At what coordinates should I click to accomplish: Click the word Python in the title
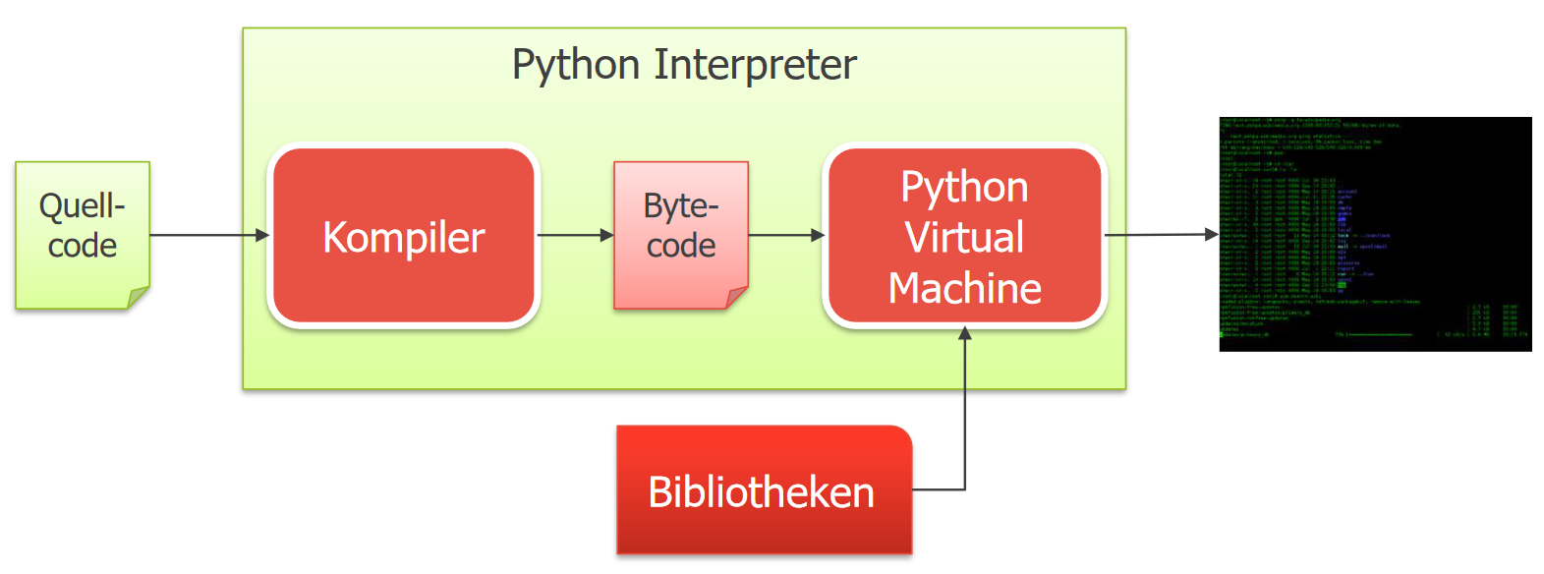coord(576,66)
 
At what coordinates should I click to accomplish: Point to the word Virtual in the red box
coord(964,238)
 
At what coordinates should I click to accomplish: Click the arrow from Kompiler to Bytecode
coord(575,235)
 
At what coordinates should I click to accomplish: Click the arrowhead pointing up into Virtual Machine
coord(965,334)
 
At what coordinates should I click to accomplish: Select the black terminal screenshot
coord(1375,234)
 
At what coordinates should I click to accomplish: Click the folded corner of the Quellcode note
coord(139,298)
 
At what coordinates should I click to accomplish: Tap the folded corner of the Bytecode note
coord(737,298)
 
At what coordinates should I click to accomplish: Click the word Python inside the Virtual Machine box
coord(964,187)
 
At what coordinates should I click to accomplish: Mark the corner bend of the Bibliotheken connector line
coord(965,489)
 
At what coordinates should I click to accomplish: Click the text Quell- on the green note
coord(83,206)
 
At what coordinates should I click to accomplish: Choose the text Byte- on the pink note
coord(680,206)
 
